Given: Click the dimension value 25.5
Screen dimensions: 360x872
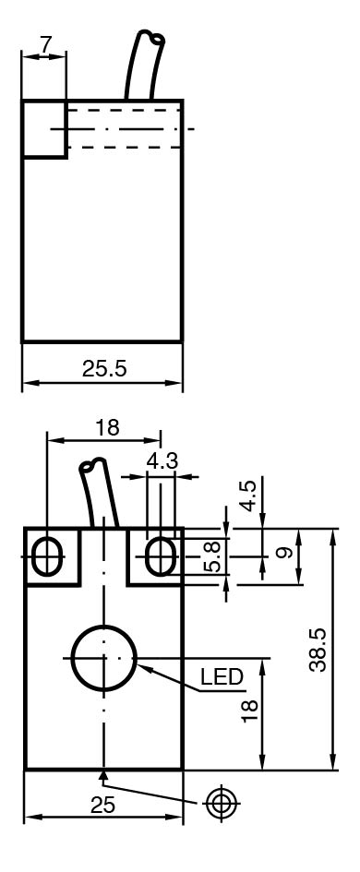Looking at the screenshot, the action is tap(104, 368).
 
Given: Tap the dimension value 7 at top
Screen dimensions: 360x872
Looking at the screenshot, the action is tap(44, 44).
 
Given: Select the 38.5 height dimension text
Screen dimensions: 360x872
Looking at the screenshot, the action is tap(318, 650).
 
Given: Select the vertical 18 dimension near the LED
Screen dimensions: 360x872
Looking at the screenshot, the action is tap(249, 711).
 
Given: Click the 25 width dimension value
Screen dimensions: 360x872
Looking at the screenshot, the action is tap(102, 805).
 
